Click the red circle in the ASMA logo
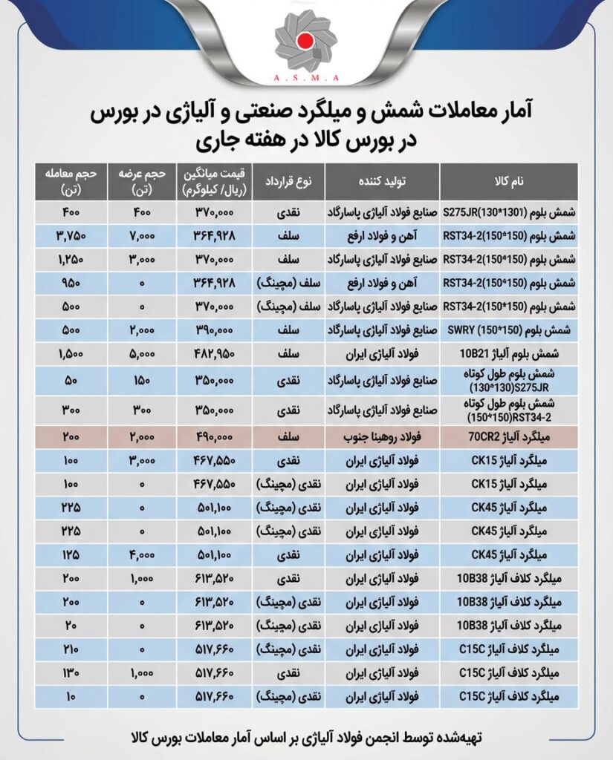point(305,41)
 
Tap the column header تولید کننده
point(383,181)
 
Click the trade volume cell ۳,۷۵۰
point(72,237)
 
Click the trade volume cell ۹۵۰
point(72,283)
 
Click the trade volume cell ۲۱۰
point(72,650)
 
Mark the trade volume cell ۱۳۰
point(72,674)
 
